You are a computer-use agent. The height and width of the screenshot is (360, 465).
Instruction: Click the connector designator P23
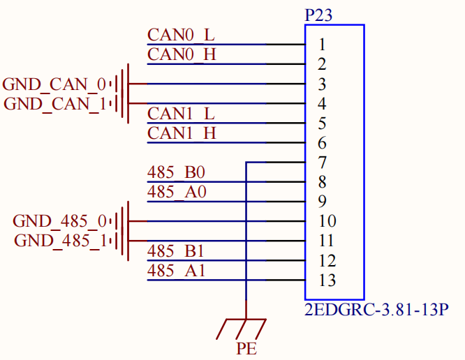tap(318, 15)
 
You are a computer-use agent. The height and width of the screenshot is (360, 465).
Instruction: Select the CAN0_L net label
tap(181, 35)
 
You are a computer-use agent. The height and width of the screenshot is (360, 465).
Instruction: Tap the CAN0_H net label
tap(182, 54)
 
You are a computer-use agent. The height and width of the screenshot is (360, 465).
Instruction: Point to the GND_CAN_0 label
tap(54, 84)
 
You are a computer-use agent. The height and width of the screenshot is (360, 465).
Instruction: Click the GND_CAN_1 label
tap(55, 104)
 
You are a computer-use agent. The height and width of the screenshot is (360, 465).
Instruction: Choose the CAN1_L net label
tap(181, 114)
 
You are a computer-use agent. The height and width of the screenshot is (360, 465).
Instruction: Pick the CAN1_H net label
tap(182, 133)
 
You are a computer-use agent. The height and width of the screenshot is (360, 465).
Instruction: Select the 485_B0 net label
tap(176, 172)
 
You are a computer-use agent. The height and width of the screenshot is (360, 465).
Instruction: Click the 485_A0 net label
tap(177, 192)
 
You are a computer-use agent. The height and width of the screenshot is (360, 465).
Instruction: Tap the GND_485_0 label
tap(59, 221)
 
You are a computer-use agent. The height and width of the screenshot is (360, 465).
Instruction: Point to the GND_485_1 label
tap(61, 241)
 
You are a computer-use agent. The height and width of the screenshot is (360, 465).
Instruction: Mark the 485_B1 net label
tap(175, 251)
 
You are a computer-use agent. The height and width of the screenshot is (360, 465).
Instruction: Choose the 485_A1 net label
tap(176, 271)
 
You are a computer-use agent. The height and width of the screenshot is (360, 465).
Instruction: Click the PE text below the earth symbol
tap(246, 348)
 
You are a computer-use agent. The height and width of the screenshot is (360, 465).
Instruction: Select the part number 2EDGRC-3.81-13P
tap(376, 310)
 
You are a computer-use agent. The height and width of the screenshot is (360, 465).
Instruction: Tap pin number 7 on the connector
tap(322, 163)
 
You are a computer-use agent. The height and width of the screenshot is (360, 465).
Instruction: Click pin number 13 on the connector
tap(327, 280)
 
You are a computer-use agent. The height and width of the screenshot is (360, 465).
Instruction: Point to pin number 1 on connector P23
tap(322, 45)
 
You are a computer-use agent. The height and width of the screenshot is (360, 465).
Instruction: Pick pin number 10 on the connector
tap(327, 221)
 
